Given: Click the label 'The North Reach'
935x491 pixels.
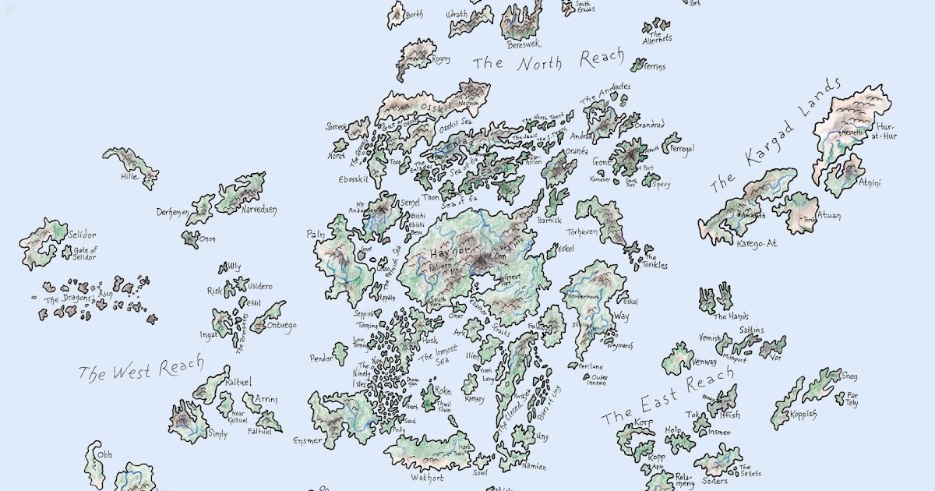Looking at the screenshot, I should coord(549,61).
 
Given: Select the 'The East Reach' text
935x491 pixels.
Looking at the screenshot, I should coord(668,397).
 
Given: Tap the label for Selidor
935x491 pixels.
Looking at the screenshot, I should coord(82,235).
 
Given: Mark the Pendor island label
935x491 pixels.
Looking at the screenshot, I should coord(321,359).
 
